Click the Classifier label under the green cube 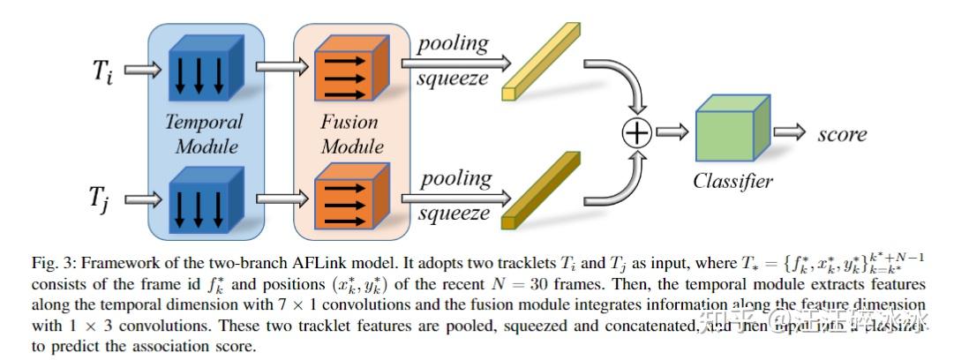(732, 182)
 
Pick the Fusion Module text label (352, 133)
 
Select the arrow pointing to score (790, 133)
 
